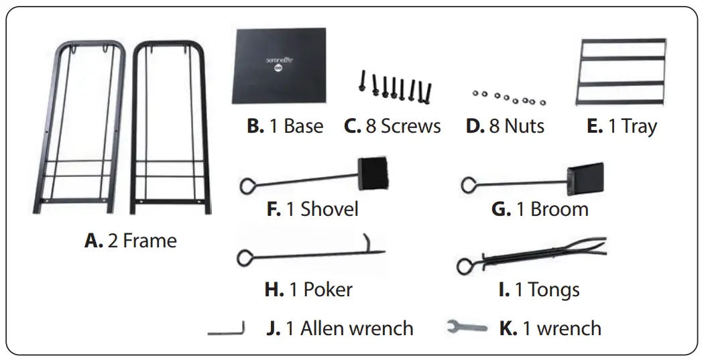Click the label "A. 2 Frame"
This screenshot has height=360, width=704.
pyautogui.click(x=131, y=241)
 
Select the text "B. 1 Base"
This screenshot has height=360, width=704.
pyautogui.click(x=285, y=126)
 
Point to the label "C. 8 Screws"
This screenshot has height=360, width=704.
pyautogui.click(x=392, y=126)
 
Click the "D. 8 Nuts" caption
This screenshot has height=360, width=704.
pyautogui.click(x=505, y=126)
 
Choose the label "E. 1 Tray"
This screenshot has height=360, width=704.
pyautogui.click(x=622, y=126)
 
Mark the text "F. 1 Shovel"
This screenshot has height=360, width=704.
pyautogui.click(x=312, y=208)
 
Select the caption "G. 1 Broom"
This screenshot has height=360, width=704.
pyautogui.click(x=540, y=208)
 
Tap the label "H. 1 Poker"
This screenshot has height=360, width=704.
pyautogui.click(x=308, y=290)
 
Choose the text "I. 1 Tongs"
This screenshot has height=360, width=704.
pyautogui.click(x=539, y=290)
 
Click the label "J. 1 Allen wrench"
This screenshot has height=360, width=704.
pyautogui.click(x=339, y=328)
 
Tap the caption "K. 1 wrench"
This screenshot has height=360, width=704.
pyautogui.click(x=550, y=328)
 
